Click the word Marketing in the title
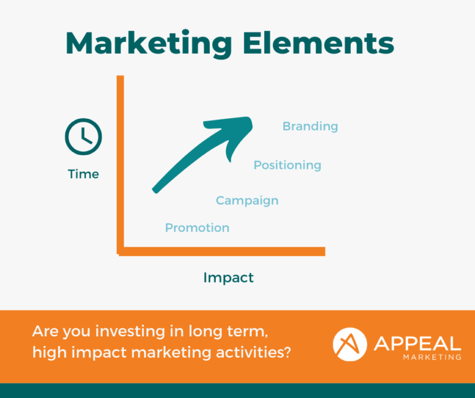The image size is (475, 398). pos(148,43)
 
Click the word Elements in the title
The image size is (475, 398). pos(318,43)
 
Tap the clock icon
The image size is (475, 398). pos(83,137)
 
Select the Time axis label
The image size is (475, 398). pos(83,174)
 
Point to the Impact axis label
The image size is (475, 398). pos(228,277)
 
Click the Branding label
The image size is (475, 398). pos(310,127)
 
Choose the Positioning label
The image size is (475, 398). pos(287,165)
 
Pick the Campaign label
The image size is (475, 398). pos(247,201)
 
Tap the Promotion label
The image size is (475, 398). pos(197,227)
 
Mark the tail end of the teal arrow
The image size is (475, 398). pos(155,190)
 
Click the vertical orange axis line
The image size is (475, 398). pos(120,164)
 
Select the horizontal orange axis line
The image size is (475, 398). pos(222,251)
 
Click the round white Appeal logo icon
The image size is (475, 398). pos(349,344)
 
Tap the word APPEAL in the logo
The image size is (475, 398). pos(417,344)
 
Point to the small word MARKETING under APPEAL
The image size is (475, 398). pos(432,357)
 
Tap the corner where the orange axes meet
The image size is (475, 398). pos(120,252)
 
